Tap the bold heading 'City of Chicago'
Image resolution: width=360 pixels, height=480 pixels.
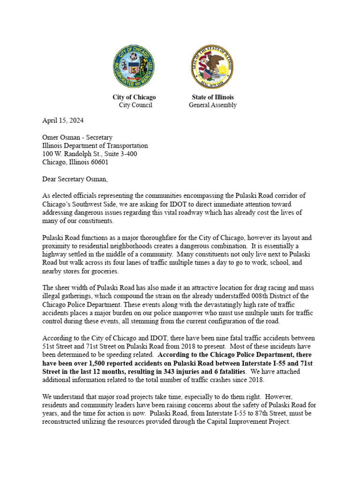134,97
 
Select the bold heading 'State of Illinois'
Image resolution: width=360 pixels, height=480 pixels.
213,97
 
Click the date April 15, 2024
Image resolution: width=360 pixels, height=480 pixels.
63,120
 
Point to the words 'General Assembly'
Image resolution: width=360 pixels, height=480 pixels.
213,105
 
